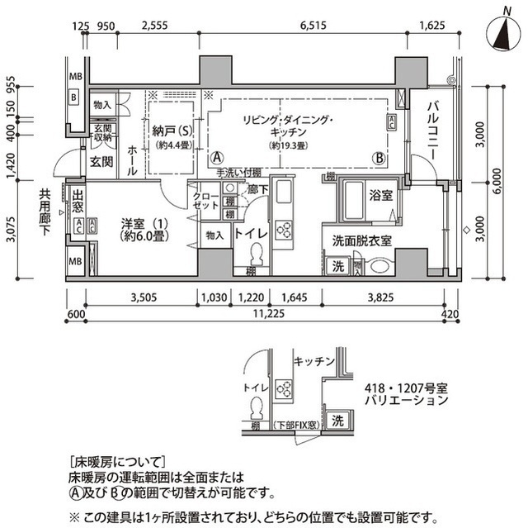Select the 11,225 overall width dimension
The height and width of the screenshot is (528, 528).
(x=265, y=313)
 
